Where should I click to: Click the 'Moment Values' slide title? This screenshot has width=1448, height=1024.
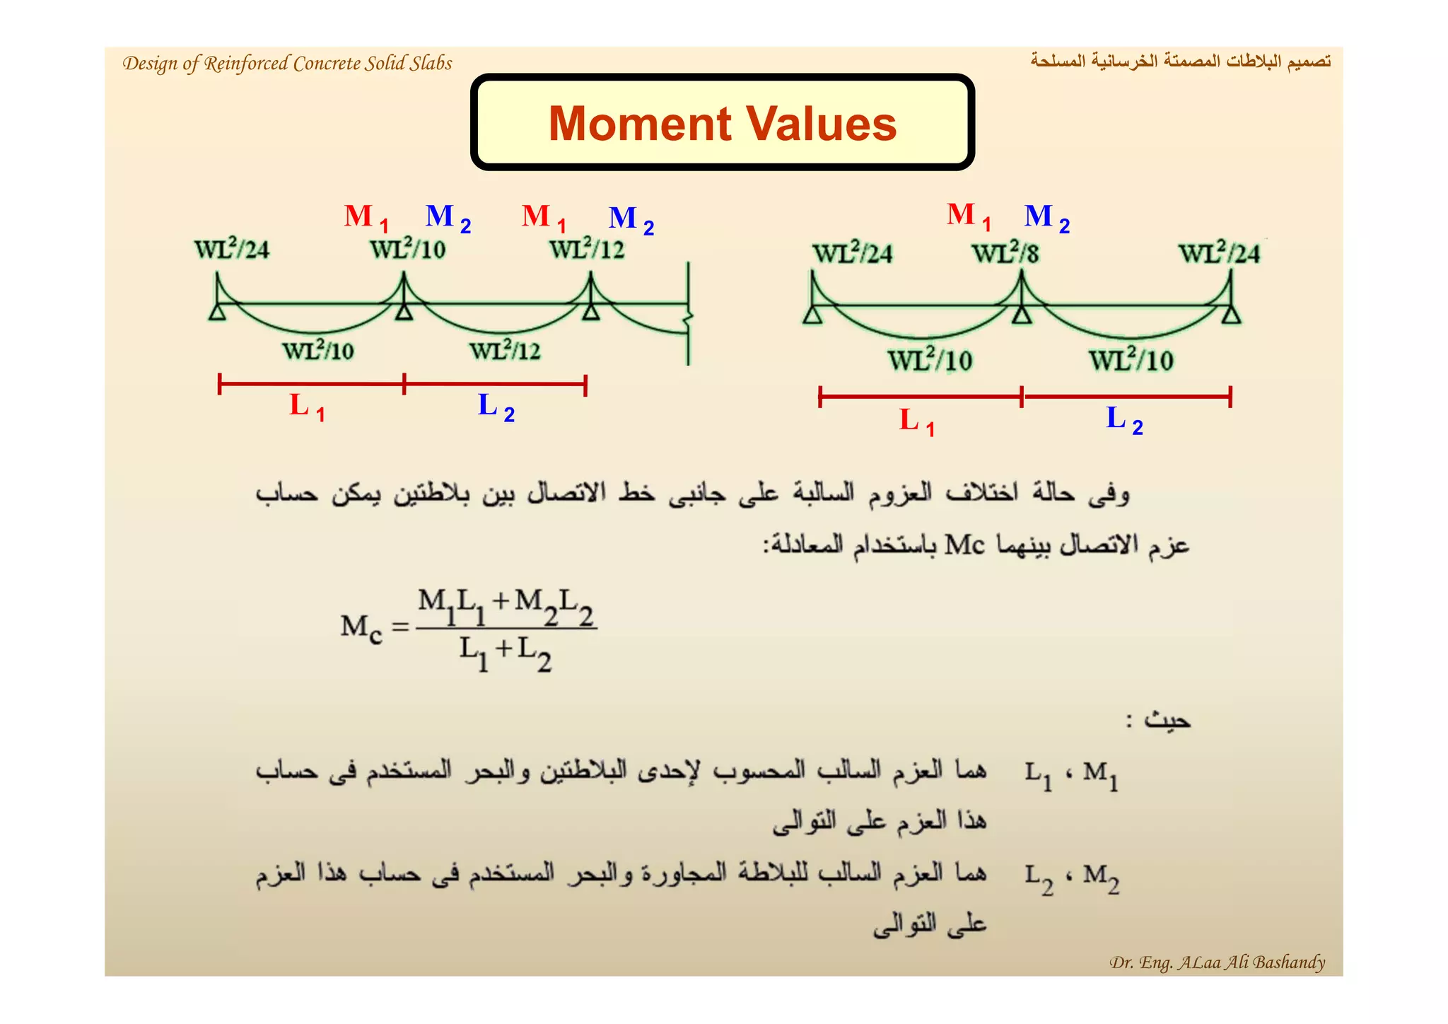(722, 124)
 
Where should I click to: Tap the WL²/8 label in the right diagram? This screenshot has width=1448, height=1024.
(1005, 253)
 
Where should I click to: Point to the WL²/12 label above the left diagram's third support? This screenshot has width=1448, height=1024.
(587, 249)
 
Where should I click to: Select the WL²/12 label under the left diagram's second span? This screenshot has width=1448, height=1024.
(505, 351)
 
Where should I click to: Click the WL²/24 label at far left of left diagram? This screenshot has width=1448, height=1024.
(232, 249)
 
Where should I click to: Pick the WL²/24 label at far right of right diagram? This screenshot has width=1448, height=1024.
(1219, 253)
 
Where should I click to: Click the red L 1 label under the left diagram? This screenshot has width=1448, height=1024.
(307, 407)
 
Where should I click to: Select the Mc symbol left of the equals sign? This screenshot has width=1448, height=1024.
(361, 628)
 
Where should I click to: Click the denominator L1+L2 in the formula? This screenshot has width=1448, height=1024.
(505, 653)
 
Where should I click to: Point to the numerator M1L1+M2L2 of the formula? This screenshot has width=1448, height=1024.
(506, 607)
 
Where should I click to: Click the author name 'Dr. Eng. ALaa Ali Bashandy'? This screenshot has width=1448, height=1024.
(1217, 962)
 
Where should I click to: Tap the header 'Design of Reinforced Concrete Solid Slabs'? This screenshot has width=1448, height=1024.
(287, 64)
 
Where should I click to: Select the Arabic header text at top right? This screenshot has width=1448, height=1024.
(1180, 62)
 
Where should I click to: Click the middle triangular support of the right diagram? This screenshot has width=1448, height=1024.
(1021, 313)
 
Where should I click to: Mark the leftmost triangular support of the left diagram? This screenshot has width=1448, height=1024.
(218, 311)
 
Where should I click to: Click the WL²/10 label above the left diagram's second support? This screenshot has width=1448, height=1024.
(408, 249)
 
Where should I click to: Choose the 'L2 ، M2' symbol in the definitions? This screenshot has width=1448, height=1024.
(1072, 879)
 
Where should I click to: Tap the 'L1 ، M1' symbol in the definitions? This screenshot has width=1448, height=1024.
(1072, 775)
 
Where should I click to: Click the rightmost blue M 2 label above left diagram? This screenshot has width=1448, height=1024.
(631, 219)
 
